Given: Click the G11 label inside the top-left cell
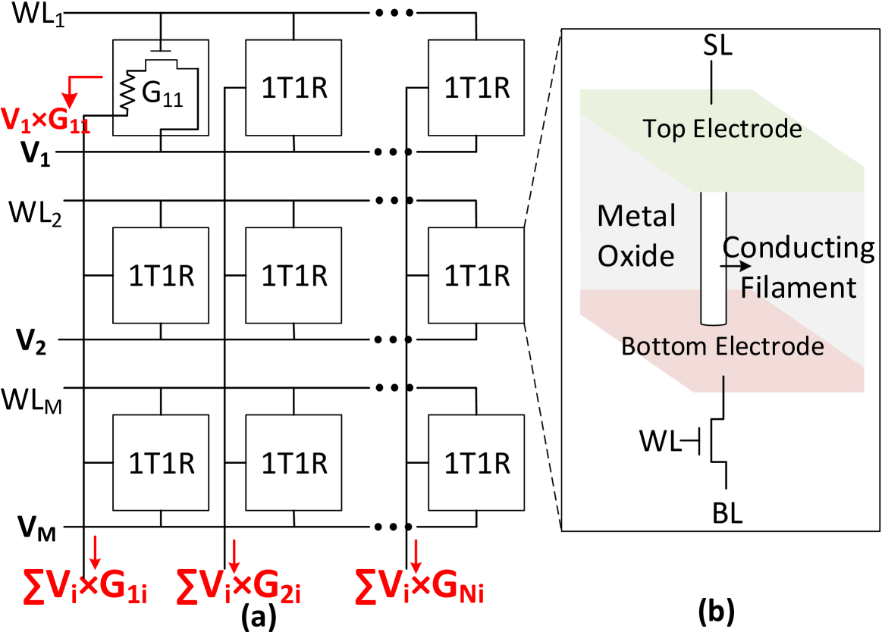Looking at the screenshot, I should coord(162,93).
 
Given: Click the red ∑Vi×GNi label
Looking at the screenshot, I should coord(419,585).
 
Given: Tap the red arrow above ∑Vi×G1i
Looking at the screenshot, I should coord(96,552).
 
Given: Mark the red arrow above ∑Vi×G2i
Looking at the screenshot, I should coord(234,555).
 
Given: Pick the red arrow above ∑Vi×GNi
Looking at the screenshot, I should coord(416,555).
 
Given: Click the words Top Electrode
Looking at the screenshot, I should coord(722,129).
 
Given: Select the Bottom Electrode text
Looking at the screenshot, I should coord(723,346).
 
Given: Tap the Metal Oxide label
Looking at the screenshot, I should coord(636,236).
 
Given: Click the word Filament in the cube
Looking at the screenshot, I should coord(799,288).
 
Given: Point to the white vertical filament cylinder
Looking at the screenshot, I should coord(713,258).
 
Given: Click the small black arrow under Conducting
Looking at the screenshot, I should coord(736,267).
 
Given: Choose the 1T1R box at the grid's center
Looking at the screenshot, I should coord(294,276).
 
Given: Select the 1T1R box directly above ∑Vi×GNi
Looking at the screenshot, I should coord(476,462).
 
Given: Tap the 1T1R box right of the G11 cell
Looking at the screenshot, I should coord(294,88).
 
